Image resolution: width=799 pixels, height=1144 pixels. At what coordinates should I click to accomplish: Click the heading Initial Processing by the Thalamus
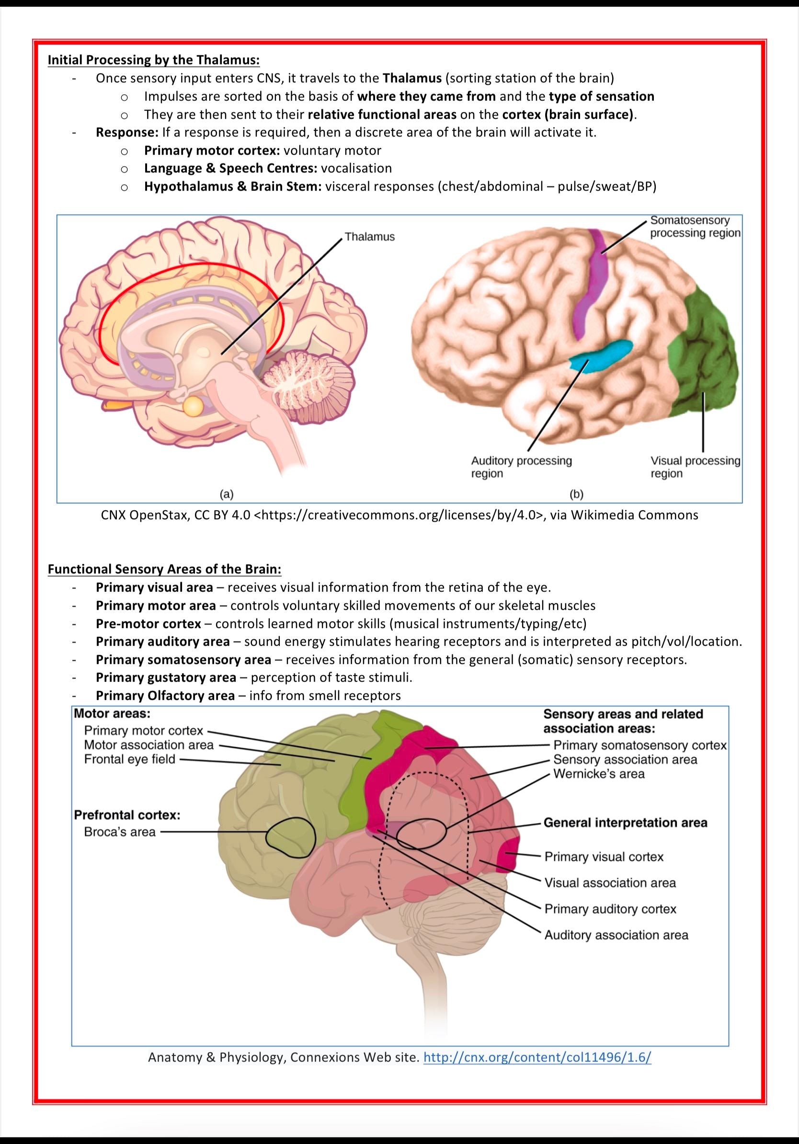pyautogui.click(x=153, y=60)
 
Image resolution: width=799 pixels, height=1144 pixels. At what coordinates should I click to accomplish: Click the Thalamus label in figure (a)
pyautogui.click(x=370, y=237)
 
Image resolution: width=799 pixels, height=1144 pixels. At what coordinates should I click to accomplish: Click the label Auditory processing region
pyautogui.click(x=522, y=467)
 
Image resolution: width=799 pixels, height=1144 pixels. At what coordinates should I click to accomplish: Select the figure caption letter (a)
pyautogui.click(x=227, y=494)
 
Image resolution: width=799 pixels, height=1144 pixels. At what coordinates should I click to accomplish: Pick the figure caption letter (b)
pyautogui.click(x=576, y=494)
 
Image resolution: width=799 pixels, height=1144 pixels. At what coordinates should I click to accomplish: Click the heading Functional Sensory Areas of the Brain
pyautogui.click(x=164, y=569)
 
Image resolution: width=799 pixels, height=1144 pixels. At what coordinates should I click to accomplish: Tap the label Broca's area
pyautogui.click(x=120, y=832)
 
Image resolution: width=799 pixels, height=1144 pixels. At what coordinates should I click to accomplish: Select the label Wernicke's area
pyautogui.click(x=599, y=774)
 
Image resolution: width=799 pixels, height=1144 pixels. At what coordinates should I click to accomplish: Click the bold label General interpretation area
pyautogui.click(x=625, y=823)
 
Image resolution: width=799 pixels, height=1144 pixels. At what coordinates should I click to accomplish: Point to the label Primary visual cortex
pyautogui.click(x=604, y=857)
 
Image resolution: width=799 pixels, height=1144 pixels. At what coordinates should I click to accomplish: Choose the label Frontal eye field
pyautogui.click(x=129, y=759)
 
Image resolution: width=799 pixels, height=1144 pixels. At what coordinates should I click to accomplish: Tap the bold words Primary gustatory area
pyautogui.click(x=166, y=677)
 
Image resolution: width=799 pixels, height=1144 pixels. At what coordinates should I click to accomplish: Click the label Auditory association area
pyautogui.click(x=616, y=935)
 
